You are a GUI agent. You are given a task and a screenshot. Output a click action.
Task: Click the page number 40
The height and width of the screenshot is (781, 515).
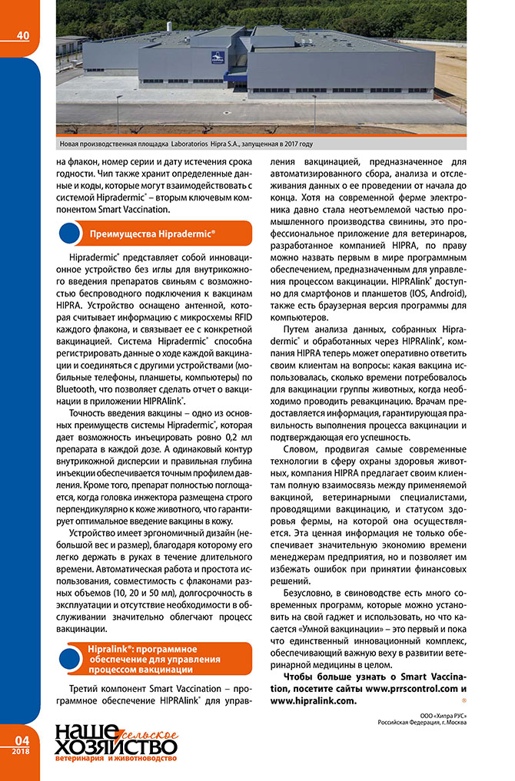[x=22, y=35]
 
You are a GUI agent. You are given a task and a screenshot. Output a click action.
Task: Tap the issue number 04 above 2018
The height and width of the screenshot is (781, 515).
[x=21, y=739]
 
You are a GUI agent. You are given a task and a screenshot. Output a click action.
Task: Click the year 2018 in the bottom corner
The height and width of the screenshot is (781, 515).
[x=21, y=750]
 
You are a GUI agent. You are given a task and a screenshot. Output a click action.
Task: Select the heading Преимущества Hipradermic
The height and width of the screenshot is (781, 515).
[x=152, y=233]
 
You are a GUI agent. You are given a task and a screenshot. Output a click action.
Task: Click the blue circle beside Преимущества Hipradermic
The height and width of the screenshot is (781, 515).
[x=70, y=233]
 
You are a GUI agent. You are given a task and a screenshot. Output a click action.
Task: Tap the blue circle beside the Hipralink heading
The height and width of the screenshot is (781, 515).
[x=70, y=659]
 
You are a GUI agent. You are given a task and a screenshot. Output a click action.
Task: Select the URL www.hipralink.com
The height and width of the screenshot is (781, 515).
[x=313, y=700]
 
